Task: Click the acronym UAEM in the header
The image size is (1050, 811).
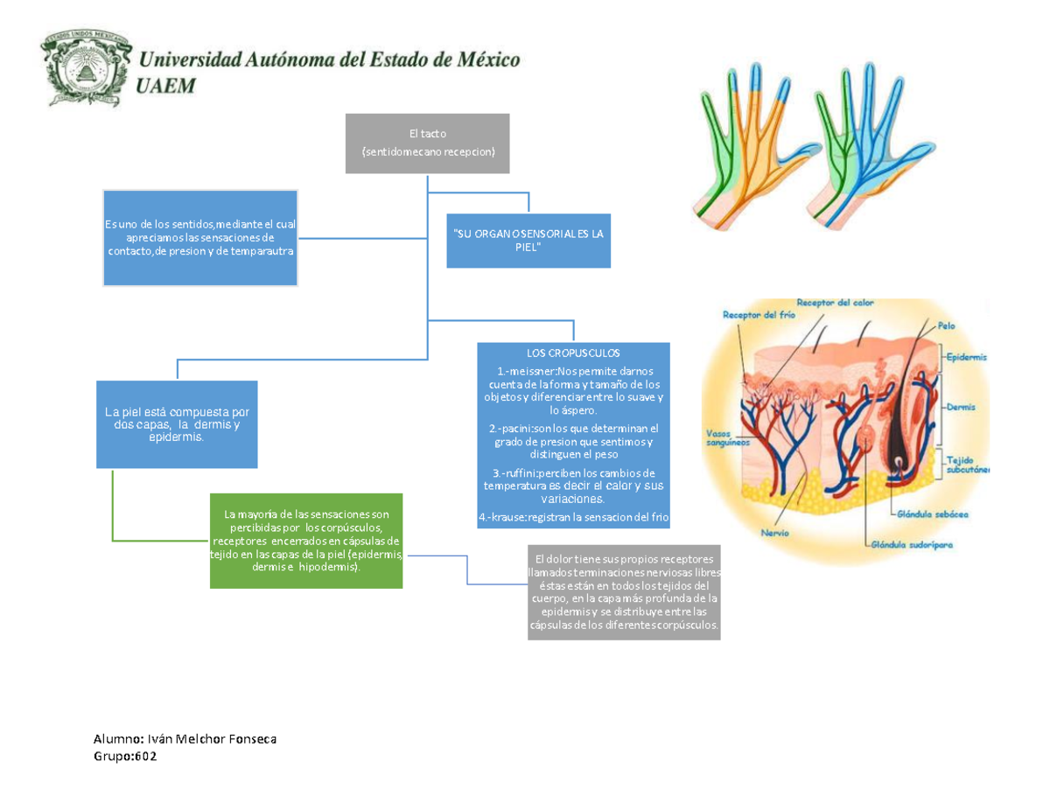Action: click(169, 86)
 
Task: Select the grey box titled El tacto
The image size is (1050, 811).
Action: click(427, 143)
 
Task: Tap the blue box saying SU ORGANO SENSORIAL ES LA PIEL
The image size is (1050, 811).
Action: click(528, 241)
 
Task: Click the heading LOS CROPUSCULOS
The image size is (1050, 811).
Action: click(573, 353)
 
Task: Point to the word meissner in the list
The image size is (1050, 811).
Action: click(529, 370)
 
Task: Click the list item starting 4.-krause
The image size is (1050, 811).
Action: click(573, 518)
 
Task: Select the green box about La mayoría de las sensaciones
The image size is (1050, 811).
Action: click(306, 540)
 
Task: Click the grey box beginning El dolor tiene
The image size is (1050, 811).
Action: click(624, 592)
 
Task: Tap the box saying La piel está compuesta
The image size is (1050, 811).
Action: click(177, 424)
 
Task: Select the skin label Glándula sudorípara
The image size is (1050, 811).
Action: click(911, 543)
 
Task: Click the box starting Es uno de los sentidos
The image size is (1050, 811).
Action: click(200, 237)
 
